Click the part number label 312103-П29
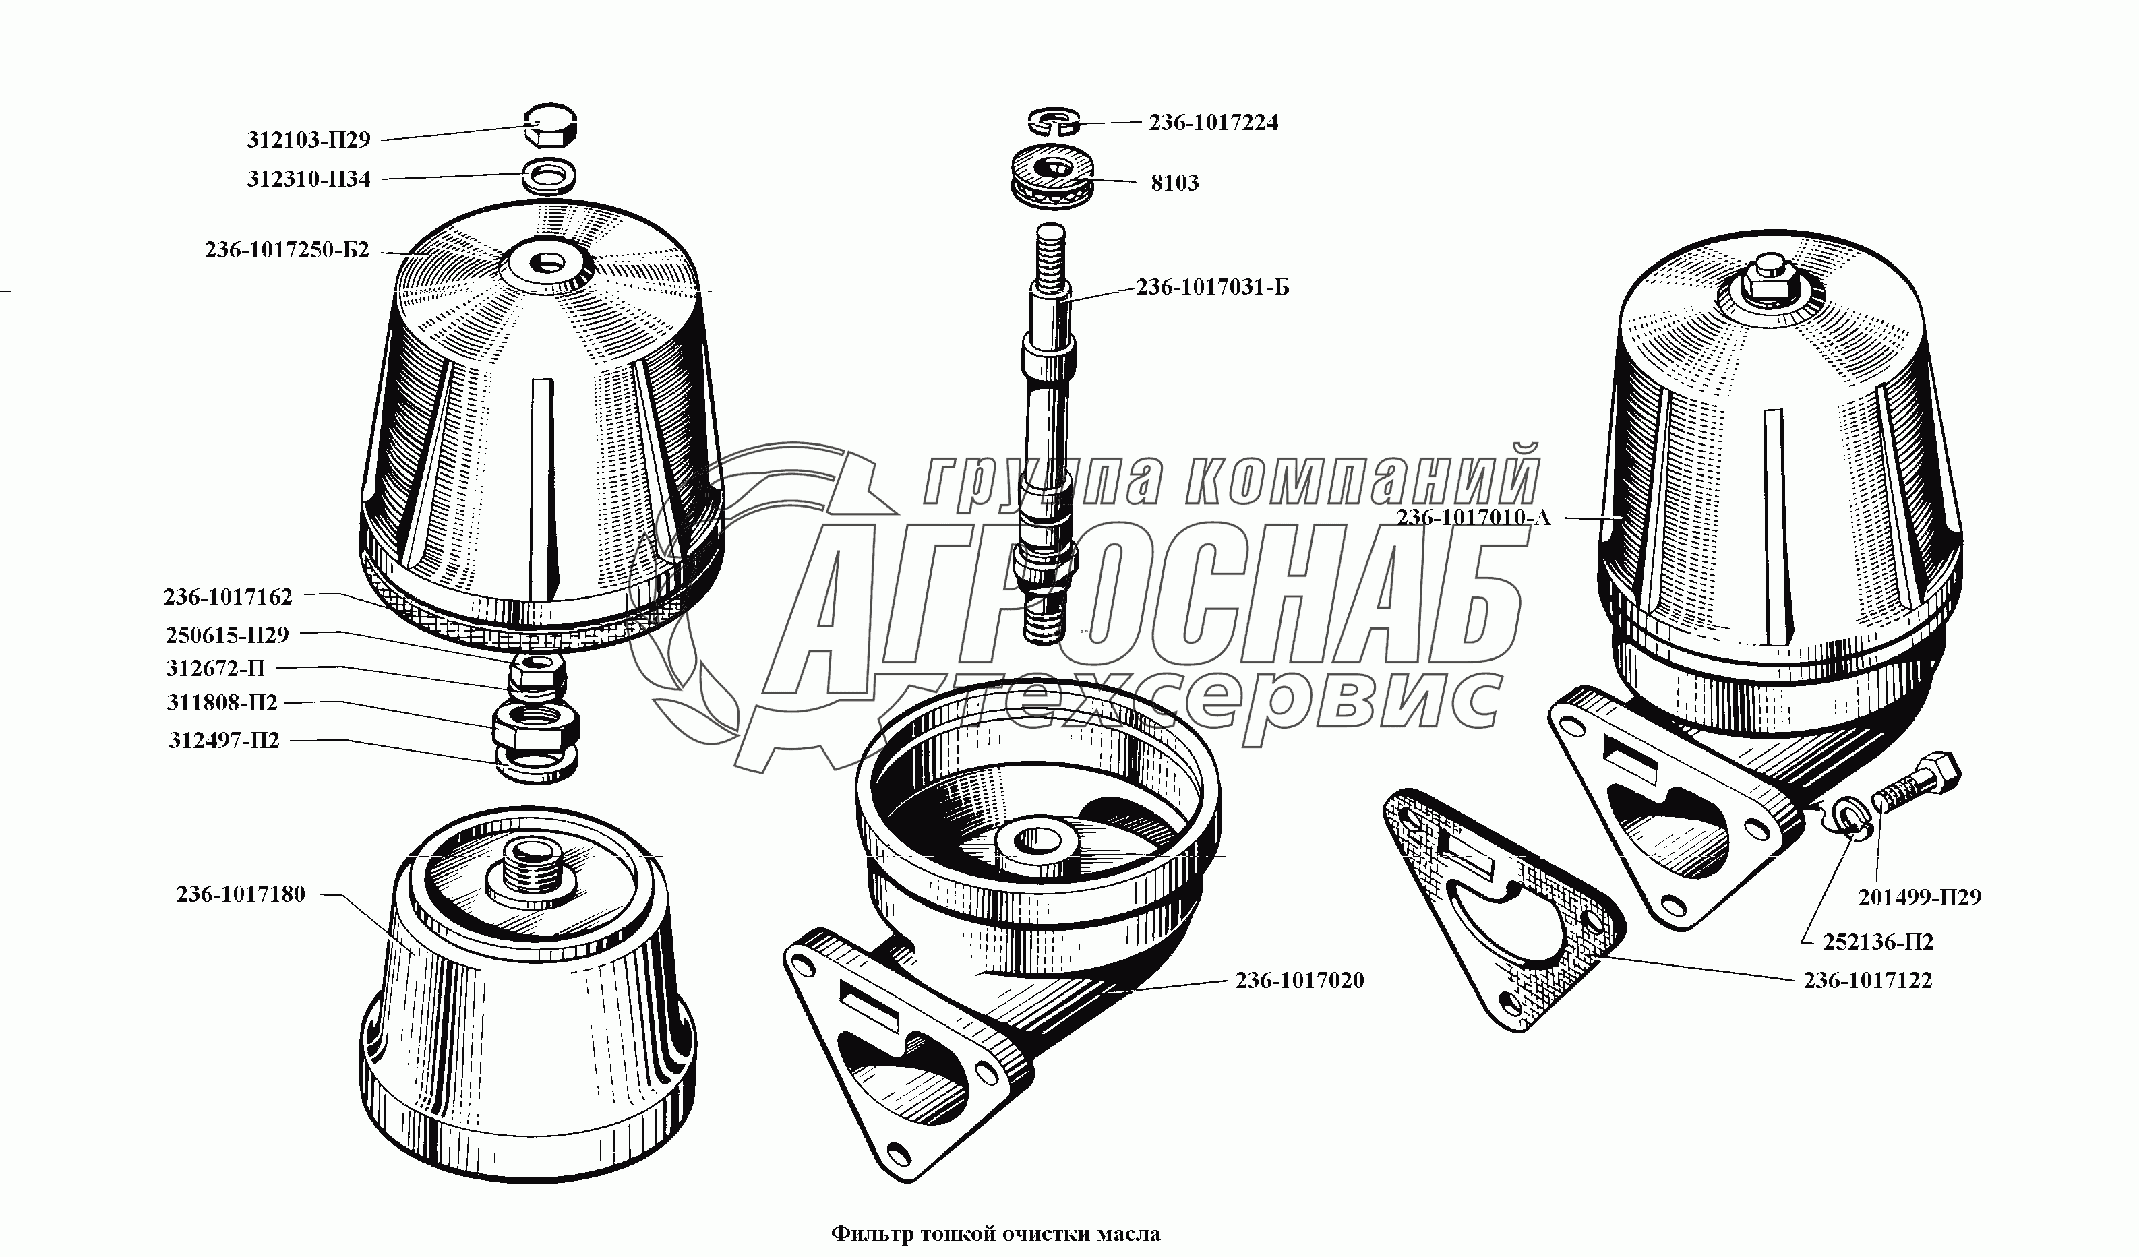pyautogui.click(x=309, y=140)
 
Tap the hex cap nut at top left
pyautogui.click(x=551, y=127)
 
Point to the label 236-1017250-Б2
pyautogui.click(x=287, y=250)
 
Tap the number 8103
pyautogui.click(x=1175, y=183)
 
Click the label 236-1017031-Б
pyautogui.click(x=1213, y=288)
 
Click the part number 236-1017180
pyautogui.click(x=241, y=894)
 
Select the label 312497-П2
pyautogui.click(x=224, y=741)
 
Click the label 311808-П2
pyautogui.click(x=222, y=704)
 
